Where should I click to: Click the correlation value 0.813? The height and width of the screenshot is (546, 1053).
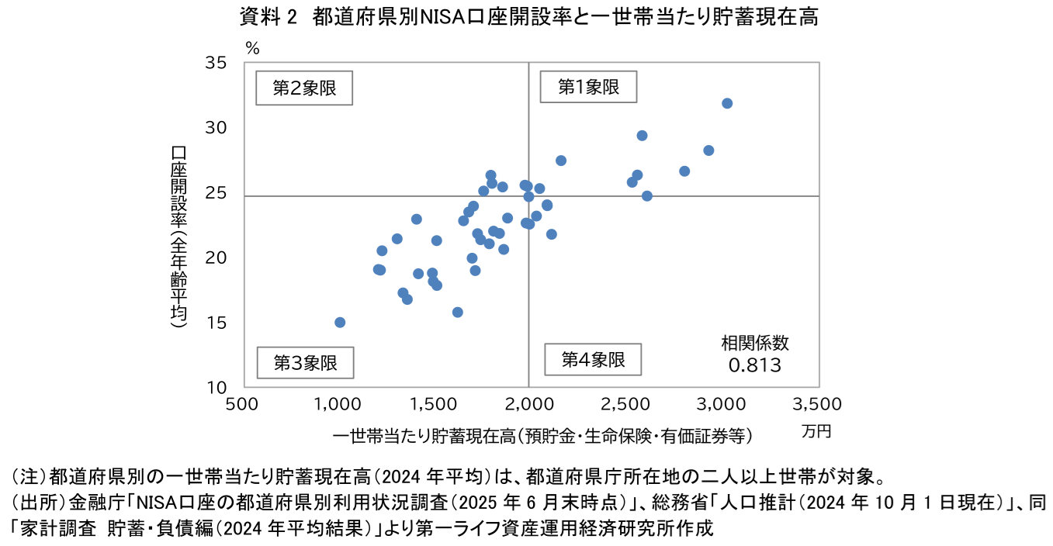coord(754,365)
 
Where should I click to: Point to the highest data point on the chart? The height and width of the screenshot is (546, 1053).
coord(727,103)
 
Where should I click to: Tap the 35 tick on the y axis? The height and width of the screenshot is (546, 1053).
coord(215,63)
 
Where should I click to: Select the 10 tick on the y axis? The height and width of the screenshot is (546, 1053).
coord(215,388)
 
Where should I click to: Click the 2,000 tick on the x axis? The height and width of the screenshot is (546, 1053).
coord(529,404)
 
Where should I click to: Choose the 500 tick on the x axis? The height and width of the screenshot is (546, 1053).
coord(241,404)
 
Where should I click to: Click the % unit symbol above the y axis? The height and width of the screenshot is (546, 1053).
coord(252,48)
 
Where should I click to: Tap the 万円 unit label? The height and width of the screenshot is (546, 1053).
coord(816,431)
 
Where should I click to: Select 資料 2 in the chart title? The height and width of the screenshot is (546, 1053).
coord(268,17)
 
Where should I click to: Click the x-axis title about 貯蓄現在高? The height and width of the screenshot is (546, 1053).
coord(542,437)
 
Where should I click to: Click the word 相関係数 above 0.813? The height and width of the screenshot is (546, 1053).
coord(755,344)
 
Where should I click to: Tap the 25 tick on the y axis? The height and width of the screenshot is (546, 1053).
coord(215,192)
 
